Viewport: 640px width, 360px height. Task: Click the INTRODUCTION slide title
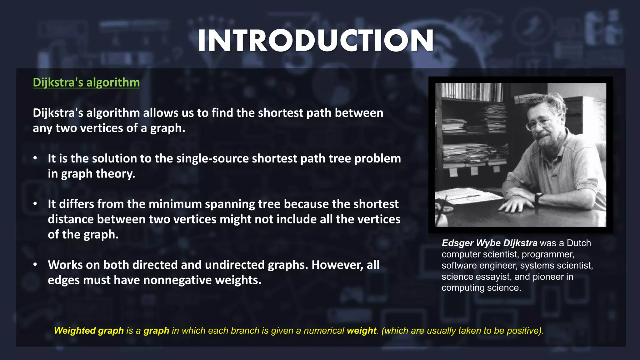point(316,41)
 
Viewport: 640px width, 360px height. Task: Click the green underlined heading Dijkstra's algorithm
point(86,82)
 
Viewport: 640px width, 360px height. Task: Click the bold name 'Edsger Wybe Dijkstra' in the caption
point(489,243)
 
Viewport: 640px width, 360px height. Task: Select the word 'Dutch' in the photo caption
point(579,243)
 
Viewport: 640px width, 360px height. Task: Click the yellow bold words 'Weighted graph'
point(89,331)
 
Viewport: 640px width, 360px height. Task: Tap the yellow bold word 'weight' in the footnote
point(362,331)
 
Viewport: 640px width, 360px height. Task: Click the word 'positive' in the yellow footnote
point(523,331)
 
